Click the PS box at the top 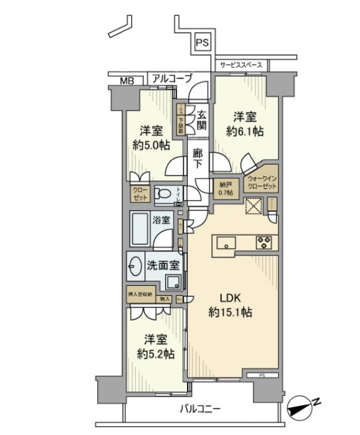tap(203, 43)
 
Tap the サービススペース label tap(241, 65)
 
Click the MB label tap(127, 80)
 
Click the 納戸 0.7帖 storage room tap(226, 188)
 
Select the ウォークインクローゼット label tap(261, 183)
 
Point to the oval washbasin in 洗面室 tap(136, 264)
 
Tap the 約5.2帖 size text tap(158, 352)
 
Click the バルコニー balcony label tap(200, 408)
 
